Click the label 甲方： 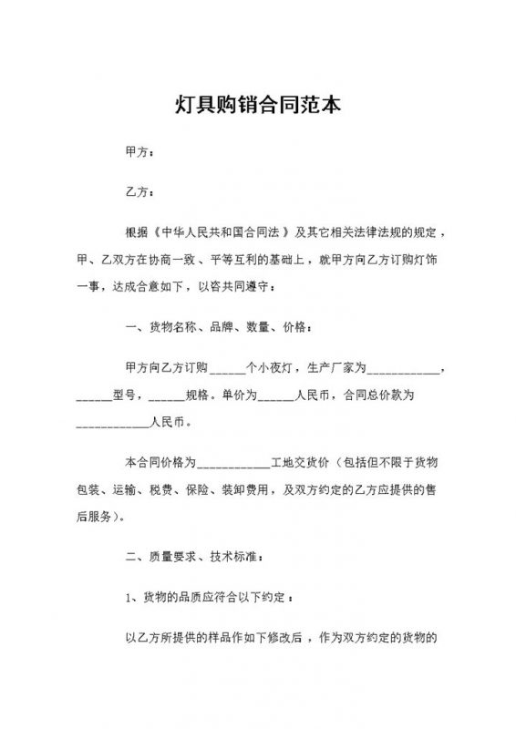139,152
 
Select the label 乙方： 139,193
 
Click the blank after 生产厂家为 405,370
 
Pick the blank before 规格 165,397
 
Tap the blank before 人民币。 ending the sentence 111,425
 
